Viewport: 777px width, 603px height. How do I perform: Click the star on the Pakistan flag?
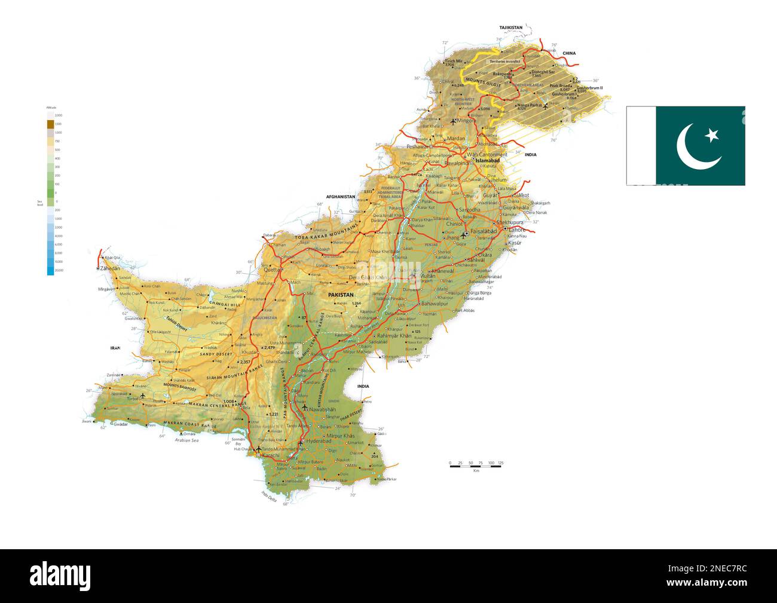pyautogui.click(x=711, y=136)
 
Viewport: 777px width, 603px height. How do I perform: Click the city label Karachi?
pyautogui.click(x=271, y=455)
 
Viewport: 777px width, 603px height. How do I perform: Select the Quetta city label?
pyautogui.click(x=272, y=269)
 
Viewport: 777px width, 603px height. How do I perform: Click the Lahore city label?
pyautogui.click(x=518, y=229)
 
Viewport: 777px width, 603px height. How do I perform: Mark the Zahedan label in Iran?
pyautogui.click(x=111, y=270)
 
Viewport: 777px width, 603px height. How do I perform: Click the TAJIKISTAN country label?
pyautogui.click(x=511, y=27)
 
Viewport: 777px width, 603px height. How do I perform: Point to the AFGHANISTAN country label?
pyautogui.click(x=341, y=197)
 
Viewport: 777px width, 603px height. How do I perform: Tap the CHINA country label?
pyautogui.click(x=568, y=53)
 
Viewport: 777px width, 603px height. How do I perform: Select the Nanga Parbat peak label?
pyautogui.click(x=530, y=105)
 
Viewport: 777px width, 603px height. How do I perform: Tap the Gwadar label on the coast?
pyautogui.click(x=121, y=424)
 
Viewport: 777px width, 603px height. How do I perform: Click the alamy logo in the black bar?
pyautogui.click(x=60, y=575)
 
